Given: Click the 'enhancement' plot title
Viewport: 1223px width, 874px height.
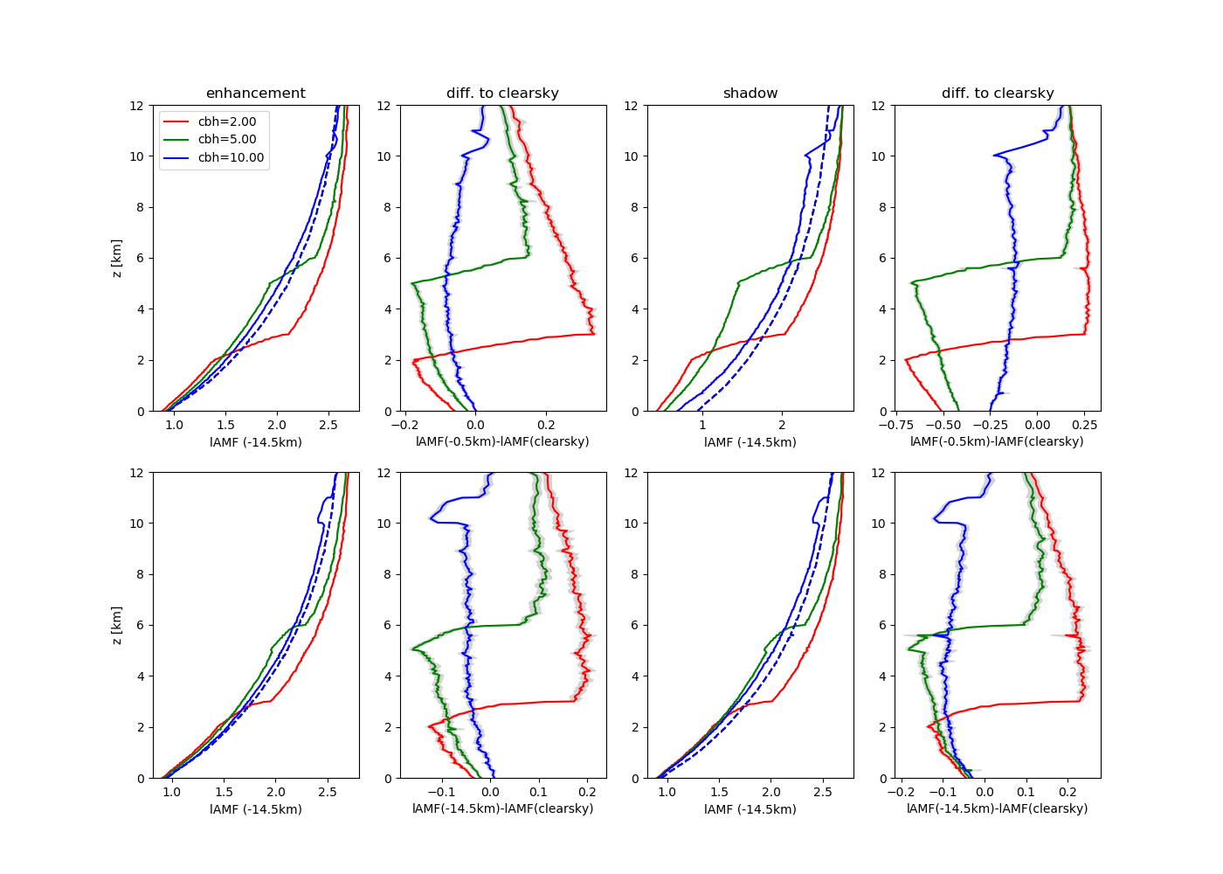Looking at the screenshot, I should click(x=255, y=94).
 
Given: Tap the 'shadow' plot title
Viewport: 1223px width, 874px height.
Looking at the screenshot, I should click(x=750, y=94).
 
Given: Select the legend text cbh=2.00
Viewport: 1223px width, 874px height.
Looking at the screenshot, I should click(x=227, y=121).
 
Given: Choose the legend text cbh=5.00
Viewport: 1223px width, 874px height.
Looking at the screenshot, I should click(x=227, y=140).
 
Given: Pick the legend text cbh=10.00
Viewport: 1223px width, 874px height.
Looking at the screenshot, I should click(x=231, y=158).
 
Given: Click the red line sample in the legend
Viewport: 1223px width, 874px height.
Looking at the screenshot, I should click(x=176, y=121).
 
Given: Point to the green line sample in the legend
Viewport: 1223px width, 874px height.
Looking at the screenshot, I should click(x=176, y=140).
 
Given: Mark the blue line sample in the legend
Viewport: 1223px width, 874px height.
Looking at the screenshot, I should click(x=176, y=158).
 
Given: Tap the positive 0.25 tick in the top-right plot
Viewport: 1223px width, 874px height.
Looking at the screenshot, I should click(x=1085, y=425).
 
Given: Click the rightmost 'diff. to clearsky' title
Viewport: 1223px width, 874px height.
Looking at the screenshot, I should click(x=998, y=94).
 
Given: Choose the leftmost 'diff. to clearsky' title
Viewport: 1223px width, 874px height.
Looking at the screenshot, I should click(x=502, y=94).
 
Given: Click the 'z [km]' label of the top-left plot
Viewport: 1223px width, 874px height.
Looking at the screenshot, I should click(x=117, y=259).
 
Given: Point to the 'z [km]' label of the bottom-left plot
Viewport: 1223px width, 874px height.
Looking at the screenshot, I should click(x=117, y=626).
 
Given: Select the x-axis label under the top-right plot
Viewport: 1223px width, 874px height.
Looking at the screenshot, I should click(x=997, y=442).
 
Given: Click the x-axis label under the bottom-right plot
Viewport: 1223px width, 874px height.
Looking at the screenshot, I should click(x=997, y=809).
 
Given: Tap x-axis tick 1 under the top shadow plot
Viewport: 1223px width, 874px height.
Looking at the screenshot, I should click(x=701, y=425).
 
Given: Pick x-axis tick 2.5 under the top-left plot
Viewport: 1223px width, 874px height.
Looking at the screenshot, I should click(x=328, y=425).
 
